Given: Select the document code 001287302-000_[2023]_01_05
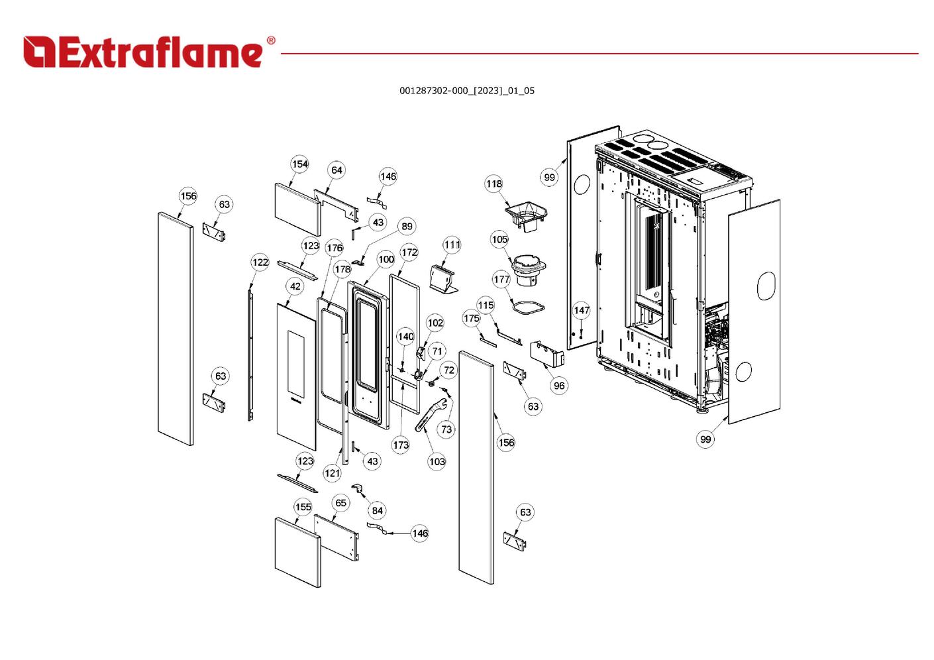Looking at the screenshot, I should coord(466,91).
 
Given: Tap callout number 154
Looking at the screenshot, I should coord(300,164).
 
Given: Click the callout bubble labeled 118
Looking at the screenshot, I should coord(494,184).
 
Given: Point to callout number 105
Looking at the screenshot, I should coord(499,239).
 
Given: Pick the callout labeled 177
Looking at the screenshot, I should coord(501,279).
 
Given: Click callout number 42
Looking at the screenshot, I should coord(295,286).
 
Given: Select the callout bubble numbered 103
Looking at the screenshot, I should coord(437,461).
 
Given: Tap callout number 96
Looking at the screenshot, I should coord(559,386).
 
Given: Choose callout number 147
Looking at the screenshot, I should coord(581,310).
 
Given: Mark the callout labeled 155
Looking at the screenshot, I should coord(303,507).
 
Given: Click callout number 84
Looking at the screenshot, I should coord(377,510).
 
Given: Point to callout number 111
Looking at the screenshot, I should coord(452,245).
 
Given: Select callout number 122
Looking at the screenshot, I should coord(260,262).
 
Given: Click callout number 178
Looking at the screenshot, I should coord(342,269).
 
